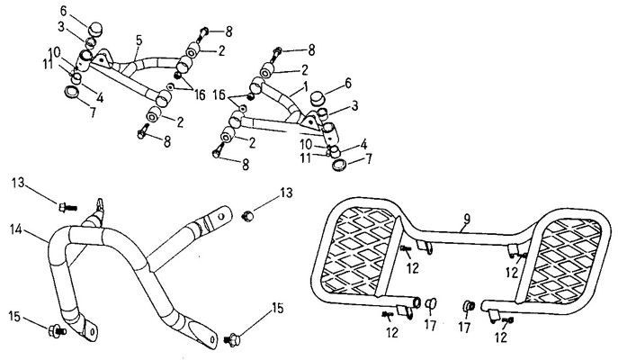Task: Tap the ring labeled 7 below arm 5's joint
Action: point(72,93)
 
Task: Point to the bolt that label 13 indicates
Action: point(61,206)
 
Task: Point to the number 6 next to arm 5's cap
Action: point(64,10)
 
